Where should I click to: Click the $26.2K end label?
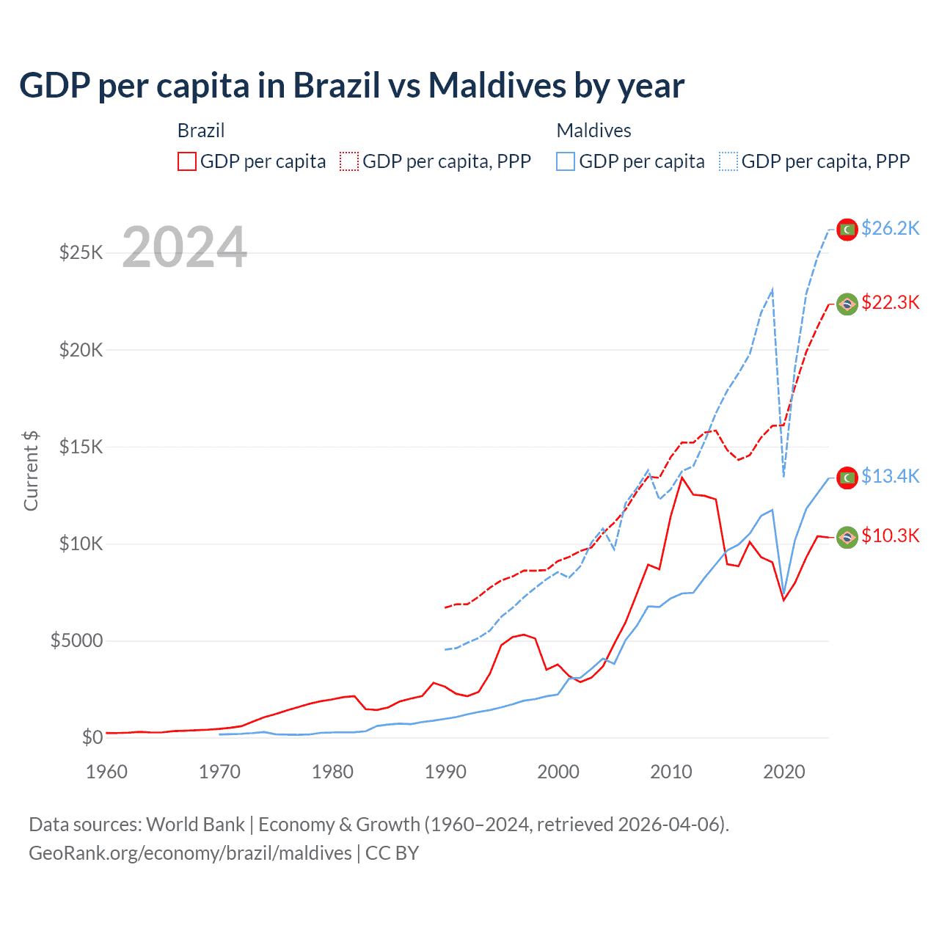pyautogui.click(x=890, y=229)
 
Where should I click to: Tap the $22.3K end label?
pyautogui.click(x=890, y=303)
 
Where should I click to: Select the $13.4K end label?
pyautogui.click(x=890, y=477)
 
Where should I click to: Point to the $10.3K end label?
pyautogui.click(x=890, y=536)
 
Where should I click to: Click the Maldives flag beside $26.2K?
pyautogui.click(x=847, y=230)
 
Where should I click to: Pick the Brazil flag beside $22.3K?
pyautogui.click(x=847, y=304)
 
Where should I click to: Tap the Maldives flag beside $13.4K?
pyautogui.click(x=847, y=478)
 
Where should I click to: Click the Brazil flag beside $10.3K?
pyautogui.click(x=847, y=537)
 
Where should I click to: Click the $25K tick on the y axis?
pyautogui.click(x=81, y=253)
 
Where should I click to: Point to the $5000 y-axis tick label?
pyautogui.click(x=76, y=641)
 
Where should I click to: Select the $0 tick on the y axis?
pyautogui.click(x=92, y=738)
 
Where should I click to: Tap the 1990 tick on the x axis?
pyautogui.click(x=445, y=772)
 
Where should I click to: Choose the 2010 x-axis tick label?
pyautogui.click(x=671, y=772)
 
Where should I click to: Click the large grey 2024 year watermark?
pyautogui.click(x=185, y=247)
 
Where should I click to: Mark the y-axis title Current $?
pyautogui.click(x=31, y=471)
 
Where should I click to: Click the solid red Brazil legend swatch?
pyautogui.click(x=187, y=161)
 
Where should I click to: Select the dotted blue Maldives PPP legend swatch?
pyautogui.click(x=728, y=161)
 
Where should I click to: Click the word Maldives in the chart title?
pyautogui.click(x=496, y=86)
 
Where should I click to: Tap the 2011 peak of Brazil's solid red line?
pyautogui.click(x=682, y=478)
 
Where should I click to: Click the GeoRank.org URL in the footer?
pyautogui.click(x=190, y=853)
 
